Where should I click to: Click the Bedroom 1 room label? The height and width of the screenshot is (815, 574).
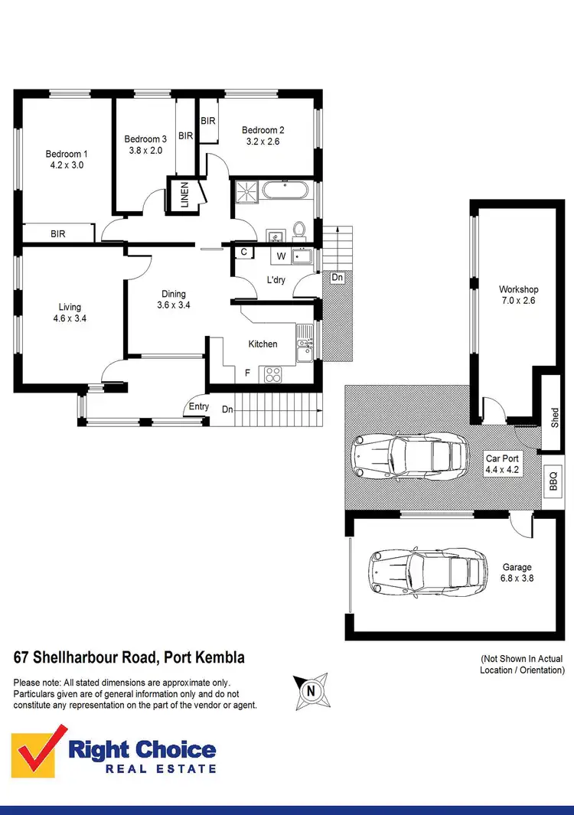tap(66, 154)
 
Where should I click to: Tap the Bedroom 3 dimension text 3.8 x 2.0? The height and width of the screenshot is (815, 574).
tap(145, 151)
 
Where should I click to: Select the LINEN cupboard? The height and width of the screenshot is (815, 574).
tap(185, 194)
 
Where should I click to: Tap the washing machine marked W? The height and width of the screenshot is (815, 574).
tap(281, 256)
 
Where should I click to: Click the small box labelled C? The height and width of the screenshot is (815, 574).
tap(243, 252)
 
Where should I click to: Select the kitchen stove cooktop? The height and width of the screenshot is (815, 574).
tap(272, 374)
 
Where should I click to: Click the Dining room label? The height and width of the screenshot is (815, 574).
tap(173, 294)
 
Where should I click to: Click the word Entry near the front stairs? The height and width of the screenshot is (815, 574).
tap(198, 406)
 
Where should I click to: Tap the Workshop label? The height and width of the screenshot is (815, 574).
tap(518, 289)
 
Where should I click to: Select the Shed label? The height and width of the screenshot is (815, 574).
tap(555, 417)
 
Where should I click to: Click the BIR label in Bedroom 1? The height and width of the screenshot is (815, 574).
tap(57, 234)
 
